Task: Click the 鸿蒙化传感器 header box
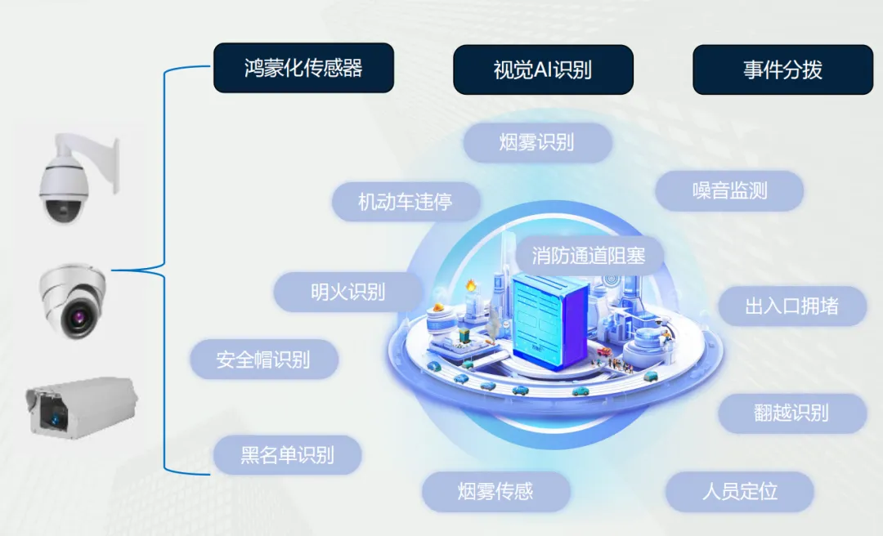coord(303,68)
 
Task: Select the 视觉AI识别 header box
coord(543,69)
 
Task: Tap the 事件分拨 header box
coord(782,69)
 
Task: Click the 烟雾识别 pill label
coord(537,142)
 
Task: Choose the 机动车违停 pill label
coord(406,201)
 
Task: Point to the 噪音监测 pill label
coord(729,191)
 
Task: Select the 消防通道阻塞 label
coord(589,256)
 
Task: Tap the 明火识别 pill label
coord(348,292)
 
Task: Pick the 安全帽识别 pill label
coord(263,360)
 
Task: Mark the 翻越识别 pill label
coord(791,413)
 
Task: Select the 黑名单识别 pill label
coord(287,455)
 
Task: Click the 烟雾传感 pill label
coord(495,491)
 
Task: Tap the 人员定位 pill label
coord(739,492)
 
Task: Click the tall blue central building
coord(549,319)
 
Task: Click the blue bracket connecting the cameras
coord(164,270)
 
